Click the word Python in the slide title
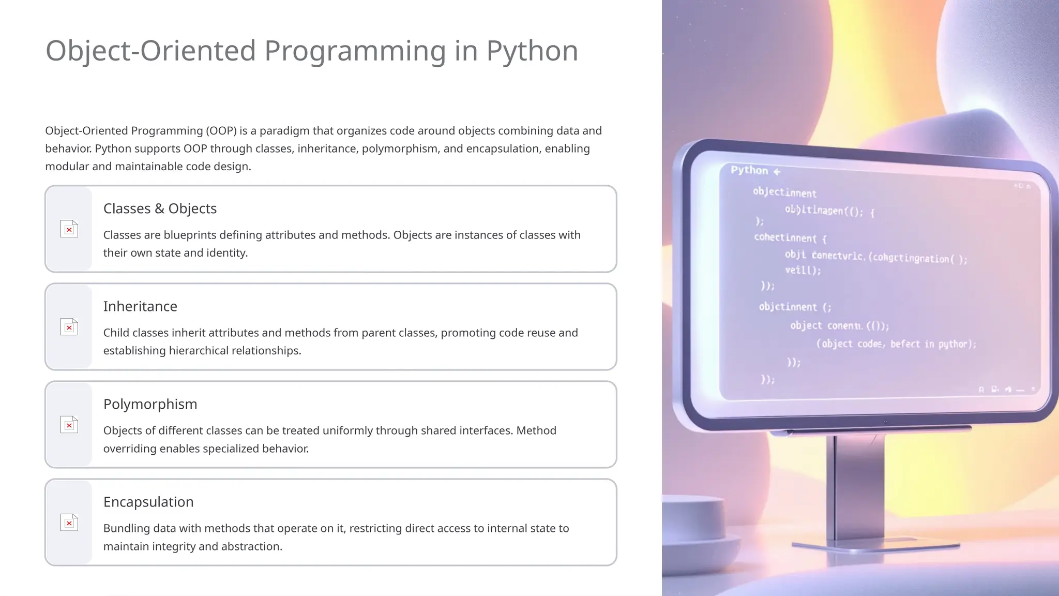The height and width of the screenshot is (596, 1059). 532,51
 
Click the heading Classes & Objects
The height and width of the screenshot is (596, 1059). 160,208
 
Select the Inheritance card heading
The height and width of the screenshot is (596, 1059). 140,306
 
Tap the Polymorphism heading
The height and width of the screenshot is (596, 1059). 150,404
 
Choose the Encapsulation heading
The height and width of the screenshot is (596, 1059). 148,502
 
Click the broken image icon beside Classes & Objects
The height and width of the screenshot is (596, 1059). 69,229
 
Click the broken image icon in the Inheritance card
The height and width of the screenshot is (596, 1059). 69,327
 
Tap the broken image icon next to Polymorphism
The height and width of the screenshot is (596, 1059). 69,425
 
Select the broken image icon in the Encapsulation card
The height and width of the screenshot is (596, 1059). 69,523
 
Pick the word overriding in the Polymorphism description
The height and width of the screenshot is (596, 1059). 130,449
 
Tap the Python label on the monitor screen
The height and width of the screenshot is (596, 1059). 749,170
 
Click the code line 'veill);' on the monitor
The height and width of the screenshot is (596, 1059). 803,270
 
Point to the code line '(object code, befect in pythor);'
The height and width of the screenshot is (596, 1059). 896,344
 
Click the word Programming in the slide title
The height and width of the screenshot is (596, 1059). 355,51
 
